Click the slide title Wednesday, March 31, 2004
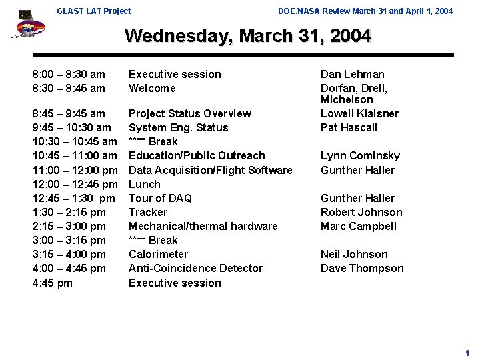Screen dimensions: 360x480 click(247, 35)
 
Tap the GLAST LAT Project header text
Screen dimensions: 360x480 click(94, 11)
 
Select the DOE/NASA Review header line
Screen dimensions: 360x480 click(365, 11)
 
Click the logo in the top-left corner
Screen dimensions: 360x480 click(29, 25)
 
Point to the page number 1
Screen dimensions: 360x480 click(467, 353)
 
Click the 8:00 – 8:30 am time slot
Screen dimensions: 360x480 click(69, 74)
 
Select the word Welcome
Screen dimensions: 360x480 click(152, 88)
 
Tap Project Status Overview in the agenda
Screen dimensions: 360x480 click(189, 113)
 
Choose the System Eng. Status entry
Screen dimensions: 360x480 click(178, 127)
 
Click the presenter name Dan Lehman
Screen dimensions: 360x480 click(352, 74)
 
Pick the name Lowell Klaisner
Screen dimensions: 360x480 click(359, 113)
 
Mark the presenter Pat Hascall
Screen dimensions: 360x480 click(349, 127)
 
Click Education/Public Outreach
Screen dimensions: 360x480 click(197, 155)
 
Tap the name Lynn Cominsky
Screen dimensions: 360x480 click(360, 155)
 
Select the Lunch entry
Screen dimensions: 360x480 click(144, 184)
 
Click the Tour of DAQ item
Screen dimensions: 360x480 click(160, 198)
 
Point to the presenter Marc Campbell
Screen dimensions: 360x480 click(359, 226)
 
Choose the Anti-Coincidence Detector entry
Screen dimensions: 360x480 click(195, 268)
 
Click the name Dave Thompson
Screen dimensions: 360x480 click(362, 268)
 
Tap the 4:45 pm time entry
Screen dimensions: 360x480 click(52, 283)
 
